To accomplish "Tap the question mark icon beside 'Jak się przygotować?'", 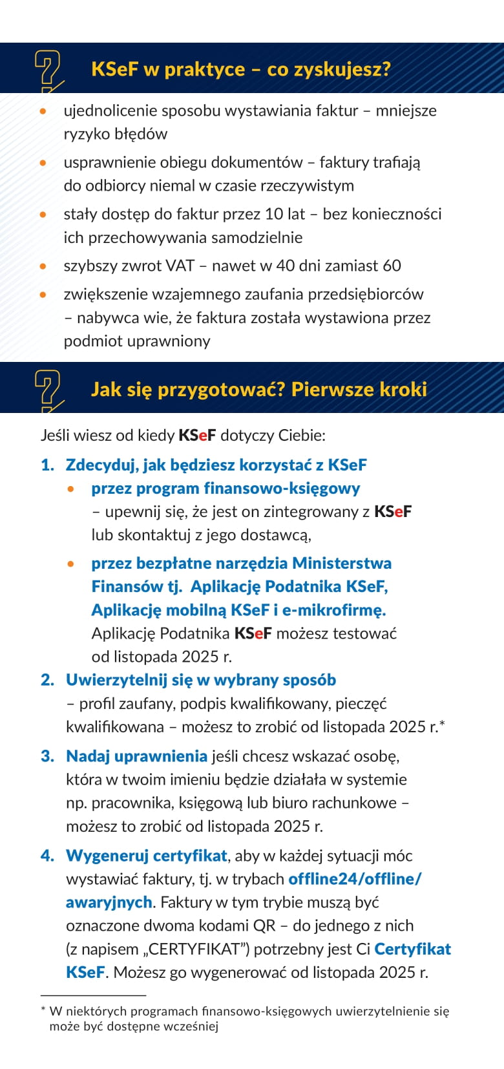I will (x=48, y=389).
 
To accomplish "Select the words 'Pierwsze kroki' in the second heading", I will (x=359, y=389).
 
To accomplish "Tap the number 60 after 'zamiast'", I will (x=392, y=266).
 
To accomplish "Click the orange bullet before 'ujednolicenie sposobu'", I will (x=43, y=111).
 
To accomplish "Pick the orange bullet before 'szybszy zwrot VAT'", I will (x=43, y=266).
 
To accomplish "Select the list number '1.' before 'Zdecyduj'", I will (x=47, y=465).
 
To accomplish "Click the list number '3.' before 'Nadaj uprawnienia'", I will (x=47, y=756).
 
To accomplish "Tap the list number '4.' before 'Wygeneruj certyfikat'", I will (x=47, y=856).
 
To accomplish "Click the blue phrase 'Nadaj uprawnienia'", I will (x=136, y=756).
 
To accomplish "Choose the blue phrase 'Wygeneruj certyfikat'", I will (x=147, y=856).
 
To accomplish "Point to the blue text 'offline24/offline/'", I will (x=355, y=879).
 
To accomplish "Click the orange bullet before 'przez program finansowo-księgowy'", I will (x=71, y=489).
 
